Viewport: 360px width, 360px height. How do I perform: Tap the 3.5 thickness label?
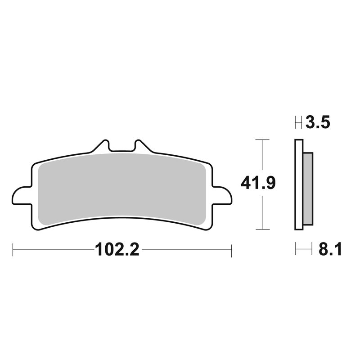pos(318,122)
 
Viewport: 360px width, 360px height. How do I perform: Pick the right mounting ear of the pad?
pos(222,196)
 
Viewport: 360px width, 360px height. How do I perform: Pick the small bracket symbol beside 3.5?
pos(298,122)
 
